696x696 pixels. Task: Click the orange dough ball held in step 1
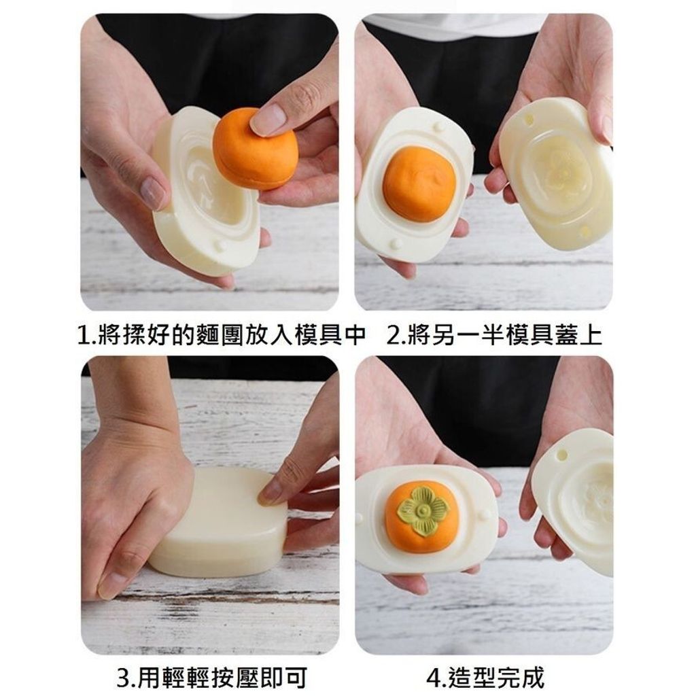(255, 150)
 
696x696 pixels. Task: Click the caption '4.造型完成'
(485, 678)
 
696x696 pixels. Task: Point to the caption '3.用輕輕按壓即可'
(212, 678)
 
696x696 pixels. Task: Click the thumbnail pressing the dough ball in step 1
(268, 119)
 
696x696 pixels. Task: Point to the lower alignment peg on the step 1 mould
(219, 245)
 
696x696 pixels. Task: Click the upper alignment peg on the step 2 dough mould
(439, 126)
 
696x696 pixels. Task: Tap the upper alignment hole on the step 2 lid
(529, 120)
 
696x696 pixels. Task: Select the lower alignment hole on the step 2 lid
(585, 231)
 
